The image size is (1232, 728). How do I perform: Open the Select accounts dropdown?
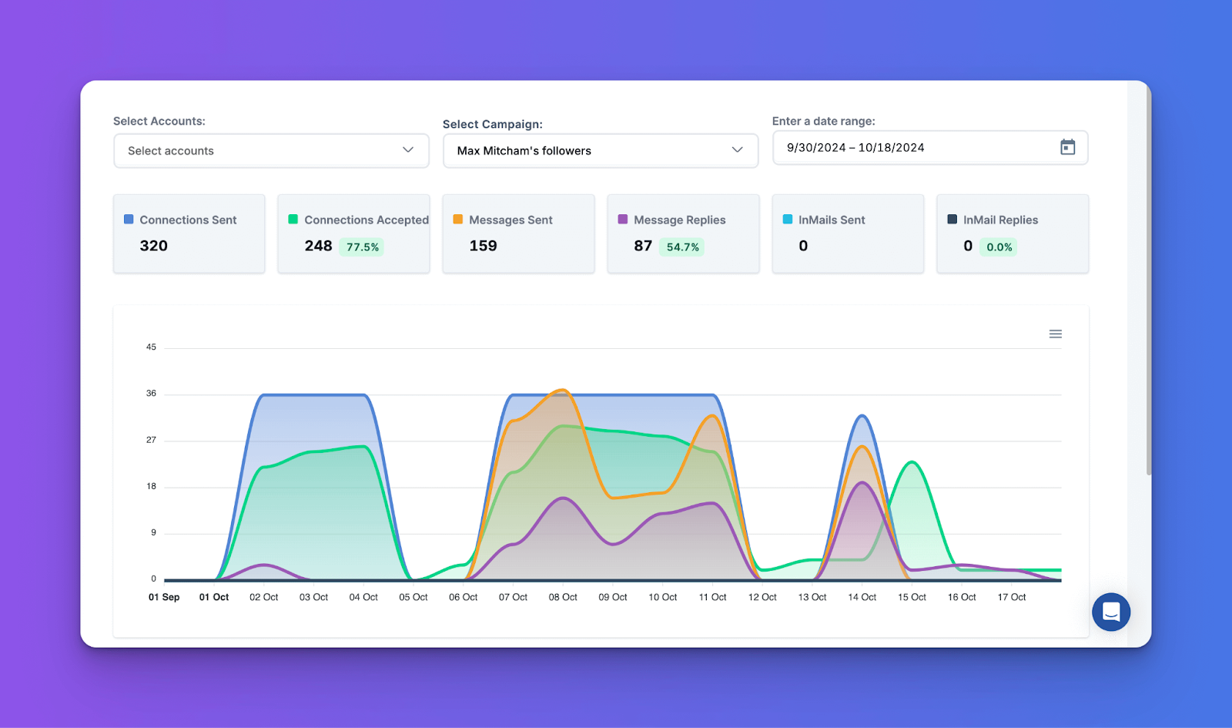pyautogui.click(x=271, y=150)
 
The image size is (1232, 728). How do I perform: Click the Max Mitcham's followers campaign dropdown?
pyautogui.click(x=601, y=150)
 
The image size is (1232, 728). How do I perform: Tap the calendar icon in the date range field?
pyautogui.click(x=1067, y=147)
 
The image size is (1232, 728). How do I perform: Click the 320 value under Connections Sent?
pyautogui.click(x=153, y=246)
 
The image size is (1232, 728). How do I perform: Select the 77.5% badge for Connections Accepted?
pyautogui.click(x=362, y=247)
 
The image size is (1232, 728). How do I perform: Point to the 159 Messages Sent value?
pyautogui.click(x=483, y=246)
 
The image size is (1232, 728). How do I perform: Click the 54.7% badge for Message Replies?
pyautogui.click(x=682, y=247)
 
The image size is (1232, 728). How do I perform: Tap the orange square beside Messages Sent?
pyautogui.click(x=457, y=219)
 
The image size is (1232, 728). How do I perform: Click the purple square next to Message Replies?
pyautogui.click(x=623, y=219)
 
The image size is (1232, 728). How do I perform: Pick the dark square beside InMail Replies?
pyautogui.click(x=952, y=219)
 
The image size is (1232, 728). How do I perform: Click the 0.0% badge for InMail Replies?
pyautogui.click(x=999, y=247)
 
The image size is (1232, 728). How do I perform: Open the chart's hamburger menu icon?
pyautogui.click(x=1056, y=334)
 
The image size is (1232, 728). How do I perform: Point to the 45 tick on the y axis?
pyautogui.click(x=151, y=347)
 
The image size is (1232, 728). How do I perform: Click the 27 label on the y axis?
pyautogui.click(x=151, y=440)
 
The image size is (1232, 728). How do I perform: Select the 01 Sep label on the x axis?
pyautogui.click(x=164, y=597)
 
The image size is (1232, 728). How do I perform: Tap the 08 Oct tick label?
pyautogui.click(x=563, y=597)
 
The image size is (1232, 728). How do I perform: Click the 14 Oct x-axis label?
pyautogui.click(x=862, y=597)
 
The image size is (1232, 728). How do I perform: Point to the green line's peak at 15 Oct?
pyautogui.click(x=912, y=462)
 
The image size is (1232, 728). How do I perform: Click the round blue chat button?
pyautogui.click(x=1111, y=612)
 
